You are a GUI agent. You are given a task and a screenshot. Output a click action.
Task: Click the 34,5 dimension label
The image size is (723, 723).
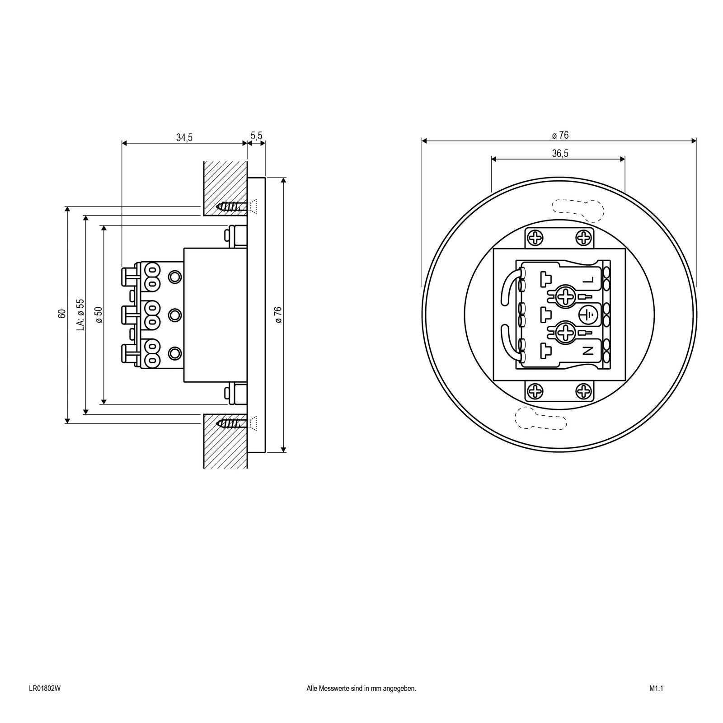point(184,138)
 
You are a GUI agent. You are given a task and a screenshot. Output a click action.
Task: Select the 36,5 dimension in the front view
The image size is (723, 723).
point(560,154)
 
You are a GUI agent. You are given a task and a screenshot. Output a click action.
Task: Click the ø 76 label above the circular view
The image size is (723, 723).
point(560,135)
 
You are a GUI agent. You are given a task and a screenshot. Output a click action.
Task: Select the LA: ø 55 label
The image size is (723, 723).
point(80,315)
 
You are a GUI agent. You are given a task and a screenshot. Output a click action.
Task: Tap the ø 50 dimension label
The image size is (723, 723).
point(99,315)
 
